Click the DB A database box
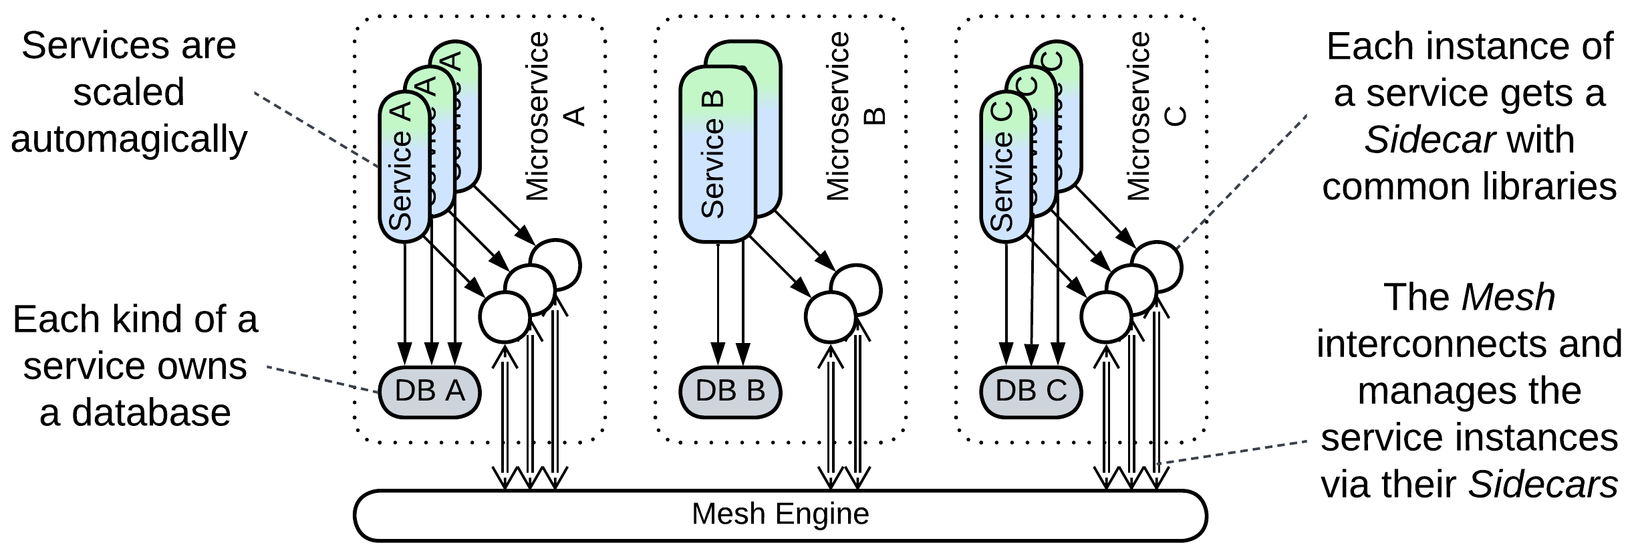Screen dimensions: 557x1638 pos(430,392)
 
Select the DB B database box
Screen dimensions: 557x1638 pos(730,392)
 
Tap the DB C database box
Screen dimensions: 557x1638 pos(1031,392)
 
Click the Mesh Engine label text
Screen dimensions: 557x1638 pos(780,514)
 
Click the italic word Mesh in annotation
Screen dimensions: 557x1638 pos(1508,298)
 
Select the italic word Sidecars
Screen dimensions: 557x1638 pos(1542,484)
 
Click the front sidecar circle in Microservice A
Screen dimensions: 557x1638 pos(505,317)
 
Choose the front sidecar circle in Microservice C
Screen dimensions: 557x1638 pos(1106,317)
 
